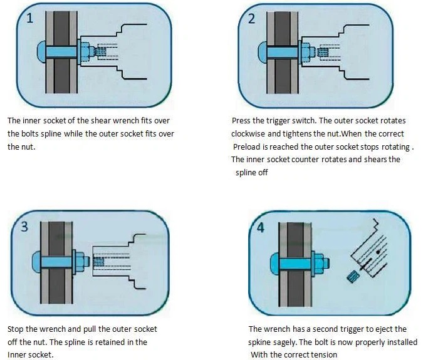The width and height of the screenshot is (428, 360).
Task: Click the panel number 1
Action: (29, 19)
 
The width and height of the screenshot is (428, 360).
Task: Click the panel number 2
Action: (251, 19)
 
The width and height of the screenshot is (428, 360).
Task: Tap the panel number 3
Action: (24, 227)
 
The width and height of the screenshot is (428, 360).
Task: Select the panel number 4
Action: (261, 227)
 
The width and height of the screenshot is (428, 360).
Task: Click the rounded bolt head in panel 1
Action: (41, 51)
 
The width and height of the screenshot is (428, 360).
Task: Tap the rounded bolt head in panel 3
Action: (36, 262)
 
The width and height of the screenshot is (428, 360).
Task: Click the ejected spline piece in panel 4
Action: (353, 277)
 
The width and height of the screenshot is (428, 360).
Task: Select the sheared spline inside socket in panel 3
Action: (98, 262)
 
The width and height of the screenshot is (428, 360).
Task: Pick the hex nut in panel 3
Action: (80, 262)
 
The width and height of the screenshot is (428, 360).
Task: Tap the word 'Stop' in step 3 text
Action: (16, 329)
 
